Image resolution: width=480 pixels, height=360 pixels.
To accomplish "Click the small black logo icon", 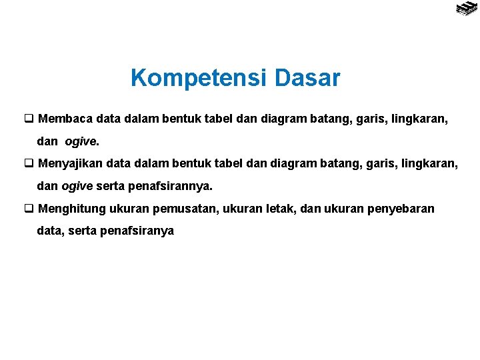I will (x=465, y=9).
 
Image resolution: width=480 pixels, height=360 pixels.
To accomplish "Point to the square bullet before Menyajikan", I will (x=29, y=163).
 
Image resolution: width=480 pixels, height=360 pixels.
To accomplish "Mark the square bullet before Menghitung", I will (x=29, y=209).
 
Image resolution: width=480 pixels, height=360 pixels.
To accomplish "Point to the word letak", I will (x=281, y=209).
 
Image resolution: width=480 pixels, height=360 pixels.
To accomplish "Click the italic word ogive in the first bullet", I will (x=81, y=142).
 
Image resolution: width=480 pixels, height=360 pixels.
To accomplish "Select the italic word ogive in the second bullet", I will (x=77, y=186).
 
